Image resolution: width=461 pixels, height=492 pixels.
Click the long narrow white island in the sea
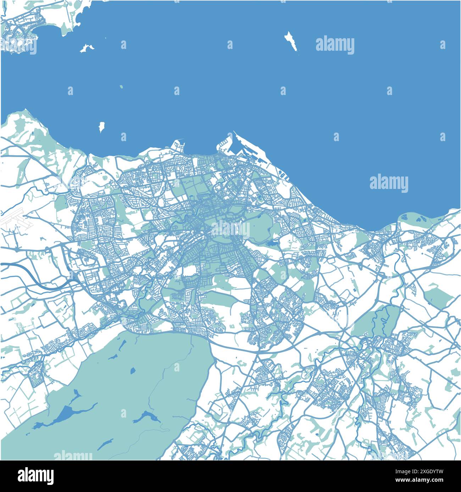click(291, 41)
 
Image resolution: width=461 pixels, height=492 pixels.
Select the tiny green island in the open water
click(121, 86)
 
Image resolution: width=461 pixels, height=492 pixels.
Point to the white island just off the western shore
click(102, 126)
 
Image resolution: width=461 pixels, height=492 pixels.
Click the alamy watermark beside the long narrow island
click(335, 45)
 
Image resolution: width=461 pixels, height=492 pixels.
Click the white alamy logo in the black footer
click(36, 475)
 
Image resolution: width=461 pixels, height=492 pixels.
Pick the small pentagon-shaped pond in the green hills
click(133, 371)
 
